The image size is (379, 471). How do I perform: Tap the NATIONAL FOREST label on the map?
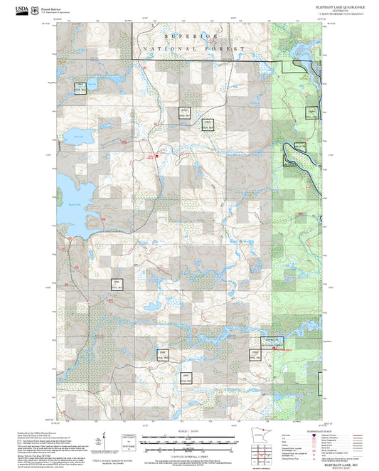pos(193,48)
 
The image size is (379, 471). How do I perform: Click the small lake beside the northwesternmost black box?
pos(93,85)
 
